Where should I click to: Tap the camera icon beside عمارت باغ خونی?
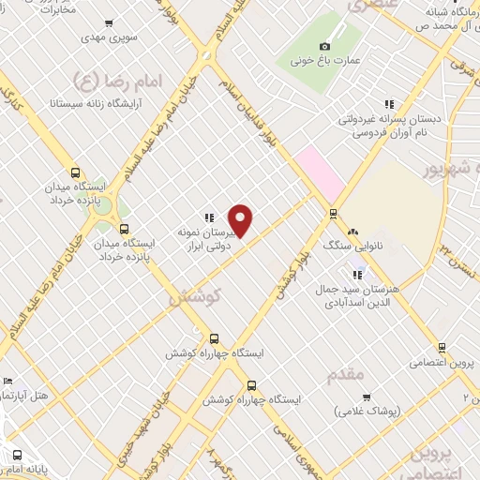[324, 46]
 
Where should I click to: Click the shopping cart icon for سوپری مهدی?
[110, 23]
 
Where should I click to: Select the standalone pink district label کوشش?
[194, 295]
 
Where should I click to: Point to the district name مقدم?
[345, 374]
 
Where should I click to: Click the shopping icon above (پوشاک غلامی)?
[366, 397]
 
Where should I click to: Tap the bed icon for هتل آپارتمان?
[8, 382]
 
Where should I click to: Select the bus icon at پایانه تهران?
[16, 456]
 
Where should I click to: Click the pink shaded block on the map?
[319, 169]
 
